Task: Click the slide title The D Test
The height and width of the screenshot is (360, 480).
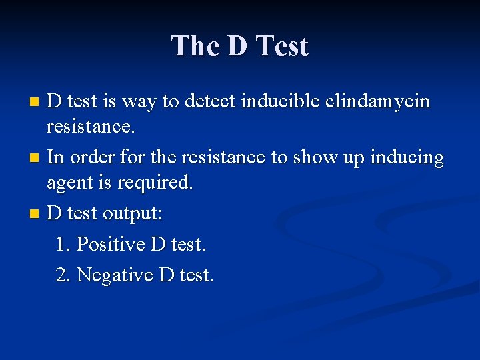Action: click(x=240, y=47)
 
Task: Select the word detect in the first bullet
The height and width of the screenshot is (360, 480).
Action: click(x=211, y=101)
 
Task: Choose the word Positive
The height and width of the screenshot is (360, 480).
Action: click(x=111, y=244)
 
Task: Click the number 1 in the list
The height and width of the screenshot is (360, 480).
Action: click(x=62, y=244)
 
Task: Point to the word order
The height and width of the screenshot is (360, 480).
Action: click(x=91, y=159)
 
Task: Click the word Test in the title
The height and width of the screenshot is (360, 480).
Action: click(x=283, y=47)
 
